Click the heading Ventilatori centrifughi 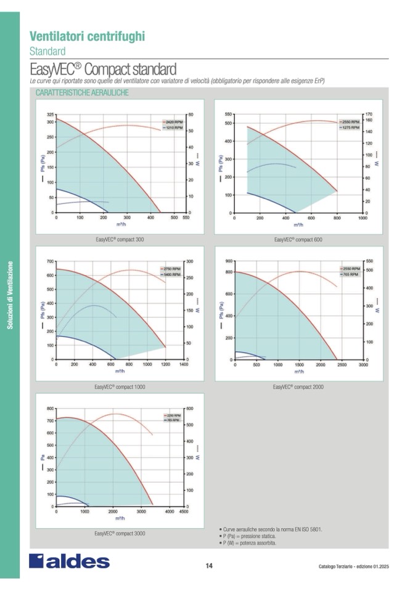[x=87, y=36]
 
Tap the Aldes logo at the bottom [x=69, y=561]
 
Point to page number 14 [x=209, y=566]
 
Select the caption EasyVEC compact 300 [x=120, y=239]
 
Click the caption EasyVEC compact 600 [x=298, y=239]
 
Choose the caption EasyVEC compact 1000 [x=120, y=387]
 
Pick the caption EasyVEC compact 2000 [x=298, y=387]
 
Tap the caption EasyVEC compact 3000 [x=120, y=533]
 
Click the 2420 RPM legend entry [x=173, y=123]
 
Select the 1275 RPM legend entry [x=351, y=127]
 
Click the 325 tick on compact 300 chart [x=50, y=115]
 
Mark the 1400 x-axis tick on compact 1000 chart [x=184, y=365]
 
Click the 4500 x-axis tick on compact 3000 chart [x=183, y=512]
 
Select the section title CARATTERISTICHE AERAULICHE [x=81, y=92]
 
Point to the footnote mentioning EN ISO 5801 [x=271, y=529]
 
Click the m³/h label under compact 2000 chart [x=299, y=372]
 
